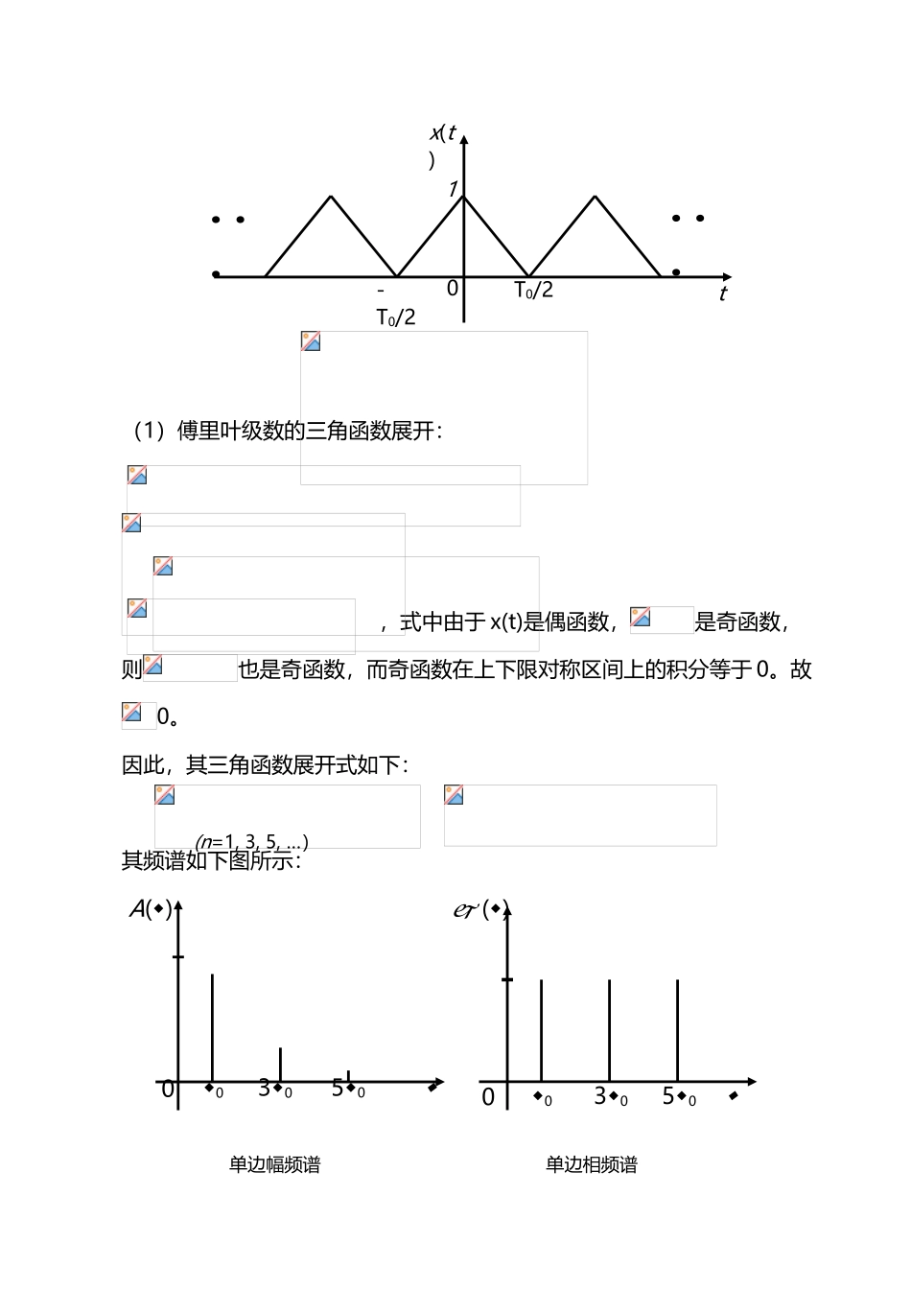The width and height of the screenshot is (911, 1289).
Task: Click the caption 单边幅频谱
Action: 274,1164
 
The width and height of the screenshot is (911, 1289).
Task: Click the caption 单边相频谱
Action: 592,1164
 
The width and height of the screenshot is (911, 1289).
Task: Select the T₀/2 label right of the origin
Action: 534,290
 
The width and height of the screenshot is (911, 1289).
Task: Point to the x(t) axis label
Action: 442,135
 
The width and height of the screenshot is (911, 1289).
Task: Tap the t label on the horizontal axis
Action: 723,293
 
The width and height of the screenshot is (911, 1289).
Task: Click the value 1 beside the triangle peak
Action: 453,189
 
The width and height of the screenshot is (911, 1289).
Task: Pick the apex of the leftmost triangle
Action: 331,198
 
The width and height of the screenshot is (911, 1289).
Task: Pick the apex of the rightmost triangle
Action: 596,198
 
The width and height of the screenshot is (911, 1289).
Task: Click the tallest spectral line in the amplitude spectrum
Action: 212,1026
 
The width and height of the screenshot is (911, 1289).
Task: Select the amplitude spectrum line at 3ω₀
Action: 280,1065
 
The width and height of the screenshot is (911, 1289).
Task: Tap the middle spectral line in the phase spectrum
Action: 610,1031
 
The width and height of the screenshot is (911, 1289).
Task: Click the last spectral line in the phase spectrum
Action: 678,1031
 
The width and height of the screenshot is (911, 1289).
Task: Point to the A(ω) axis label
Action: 151,908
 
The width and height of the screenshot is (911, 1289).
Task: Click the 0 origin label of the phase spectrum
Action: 488,1096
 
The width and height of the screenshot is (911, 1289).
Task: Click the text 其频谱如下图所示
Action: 212,860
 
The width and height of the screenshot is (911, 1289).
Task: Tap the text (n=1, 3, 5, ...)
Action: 251,843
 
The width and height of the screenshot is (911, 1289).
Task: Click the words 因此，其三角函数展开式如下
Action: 266,764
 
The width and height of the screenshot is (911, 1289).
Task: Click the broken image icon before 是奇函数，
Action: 641,618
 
